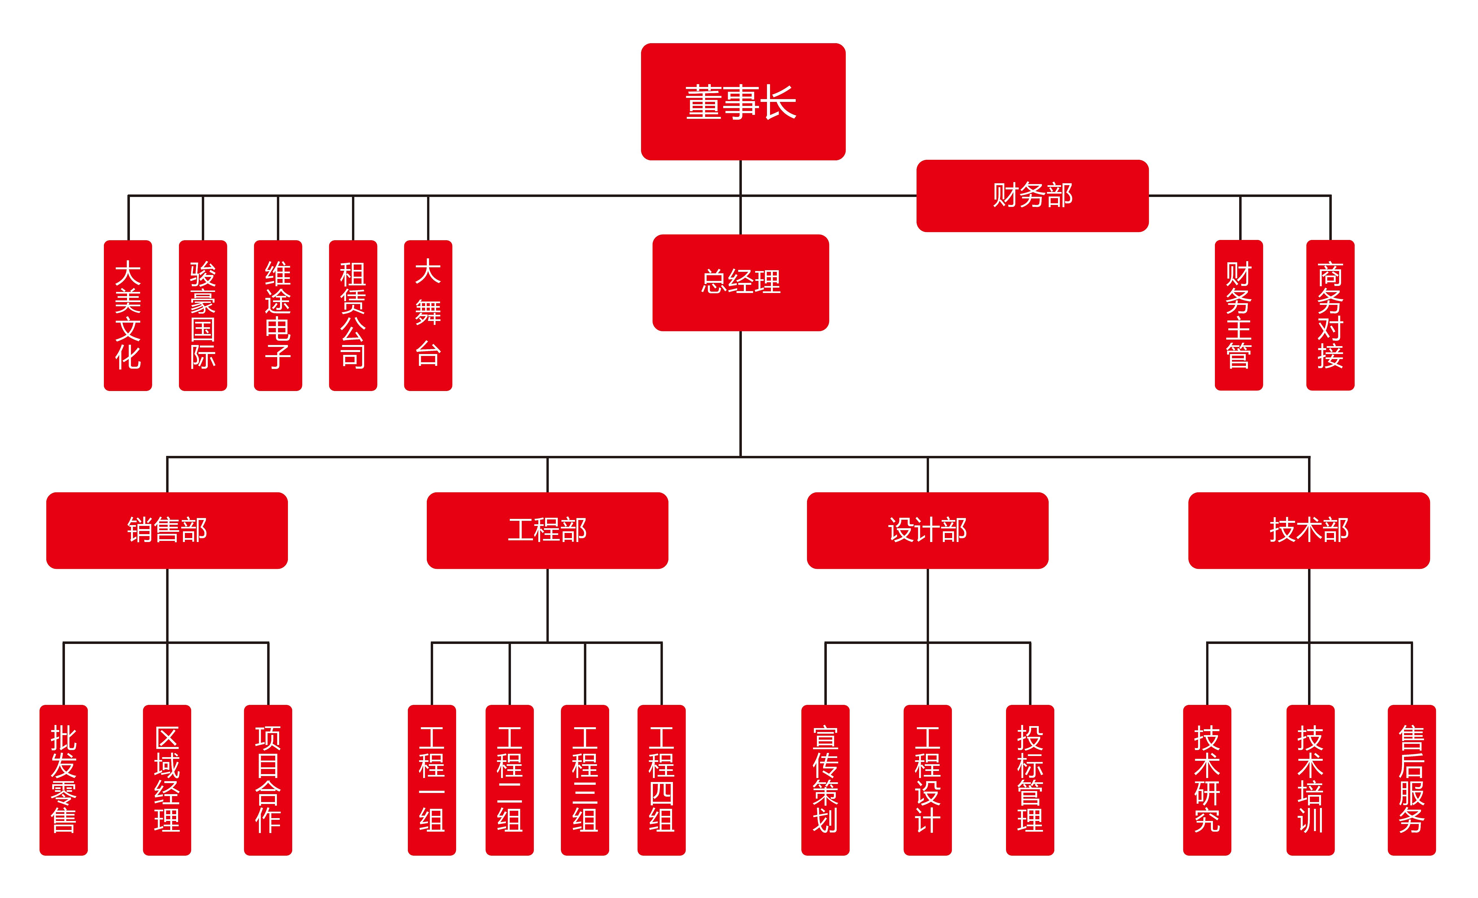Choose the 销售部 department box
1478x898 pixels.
[x=167, y=530]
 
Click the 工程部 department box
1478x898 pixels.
[x=547, y=530]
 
